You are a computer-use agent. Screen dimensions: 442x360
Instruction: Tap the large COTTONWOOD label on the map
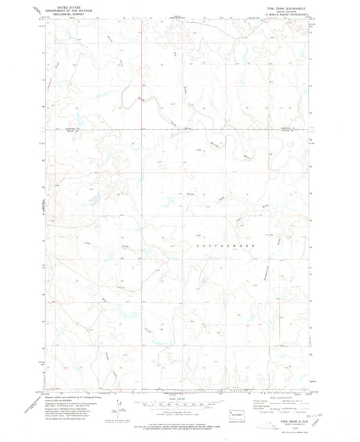point(228,248)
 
